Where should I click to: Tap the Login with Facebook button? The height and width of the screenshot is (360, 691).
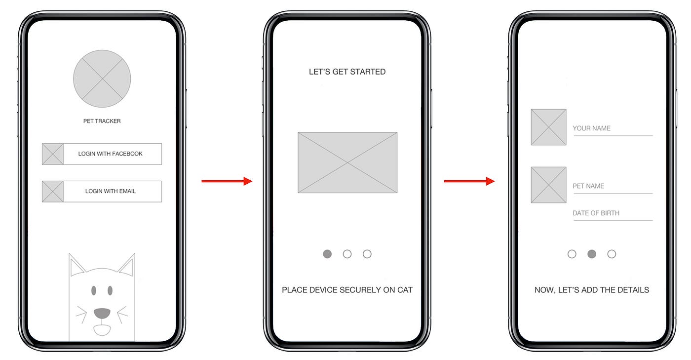pos(102,154)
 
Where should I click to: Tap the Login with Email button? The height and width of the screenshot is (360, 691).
pos(102,192)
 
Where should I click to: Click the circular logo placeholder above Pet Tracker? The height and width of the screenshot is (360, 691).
pos(102,79)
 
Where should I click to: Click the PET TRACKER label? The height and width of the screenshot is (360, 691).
pos(102,121)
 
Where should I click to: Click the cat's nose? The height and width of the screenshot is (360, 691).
pos(102,313)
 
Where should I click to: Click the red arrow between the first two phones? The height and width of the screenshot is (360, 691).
pos(227,181)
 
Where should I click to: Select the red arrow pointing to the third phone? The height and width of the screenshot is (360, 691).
pos(469,181)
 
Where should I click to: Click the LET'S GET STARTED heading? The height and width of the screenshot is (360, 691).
pos(347,72)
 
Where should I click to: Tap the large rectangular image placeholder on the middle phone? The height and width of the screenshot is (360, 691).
pos(347,162)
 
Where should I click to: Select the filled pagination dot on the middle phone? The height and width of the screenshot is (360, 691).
pos(327,254)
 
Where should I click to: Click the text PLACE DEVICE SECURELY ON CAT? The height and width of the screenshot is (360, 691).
pos(347,290)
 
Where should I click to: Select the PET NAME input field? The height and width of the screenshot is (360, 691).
pos(613,187)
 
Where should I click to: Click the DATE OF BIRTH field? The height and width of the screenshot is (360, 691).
pos(613,214)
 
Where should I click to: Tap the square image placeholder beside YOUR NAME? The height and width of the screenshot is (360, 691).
pos(548,127)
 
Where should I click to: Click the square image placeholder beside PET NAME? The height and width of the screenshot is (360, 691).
pos(548,185)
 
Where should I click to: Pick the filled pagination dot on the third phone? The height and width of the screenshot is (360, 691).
pos(592,254)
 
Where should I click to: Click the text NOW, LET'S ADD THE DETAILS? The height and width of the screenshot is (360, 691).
pos(592,290)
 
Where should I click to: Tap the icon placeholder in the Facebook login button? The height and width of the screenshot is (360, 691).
pos(53,154)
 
